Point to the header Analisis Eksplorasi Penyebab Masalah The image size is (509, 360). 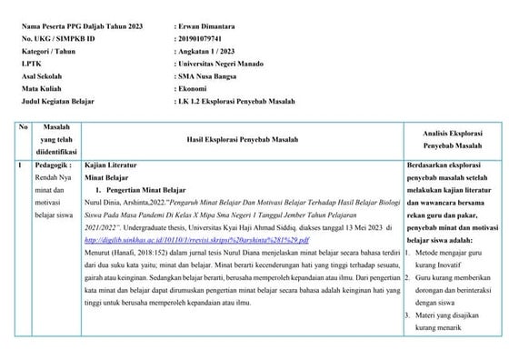pyautogui.click(x=450, y=138)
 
